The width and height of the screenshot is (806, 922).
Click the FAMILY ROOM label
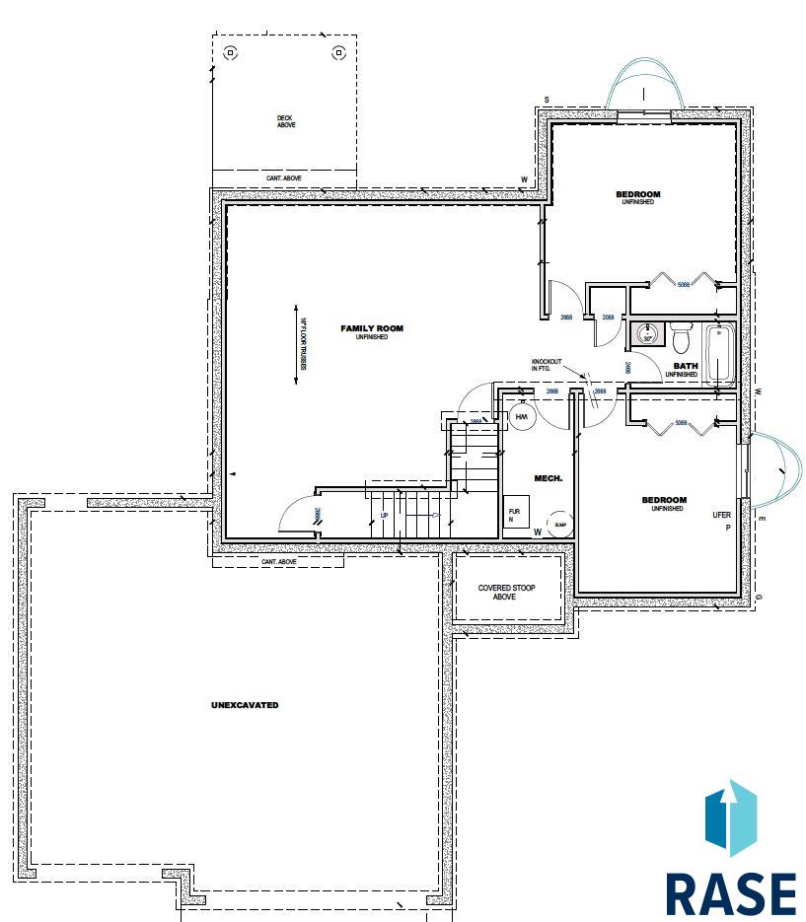tap(372, 329)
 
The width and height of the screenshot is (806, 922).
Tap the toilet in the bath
tap(681, 338)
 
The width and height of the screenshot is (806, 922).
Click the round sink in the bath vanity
tap(648, 333)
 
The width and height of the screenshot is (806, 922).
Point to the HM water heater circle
tap(522, 418)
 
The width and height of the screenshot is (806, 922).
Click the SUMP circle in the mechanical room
tap(559, 524)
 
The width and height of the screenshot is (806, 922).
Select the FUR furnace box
tap(515, 515)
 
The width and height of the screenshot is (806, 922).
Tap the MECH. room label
tap(548, 478)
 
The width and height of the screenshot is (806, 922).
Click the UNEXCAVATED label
tap(245, 705)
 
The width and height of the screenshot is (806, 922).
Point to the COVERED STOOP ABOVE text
tap(506, 593)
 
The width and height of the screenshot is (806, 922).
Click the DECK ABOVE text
tap(285, 121)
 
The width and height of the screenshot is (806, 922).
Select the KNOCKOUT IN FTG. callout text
tap(547, 365)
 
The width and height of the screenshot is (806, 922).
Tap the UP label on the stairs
tap(385, 516)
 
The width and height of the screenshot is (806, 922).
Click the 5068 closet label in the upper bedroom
tap(684, 285)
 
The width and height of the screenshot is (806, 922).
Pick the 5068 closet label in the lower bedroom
tap(680, 424)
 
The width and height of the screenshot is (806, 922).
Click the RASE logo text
tap(730, 893)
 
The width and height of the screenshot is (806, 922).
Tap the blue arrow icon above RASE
tap(730, 817)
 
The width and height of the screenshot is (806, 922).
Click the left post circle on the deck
tap(231, 52)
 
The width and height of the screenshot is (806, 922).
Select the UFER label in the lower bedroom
tap(721, 515)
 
